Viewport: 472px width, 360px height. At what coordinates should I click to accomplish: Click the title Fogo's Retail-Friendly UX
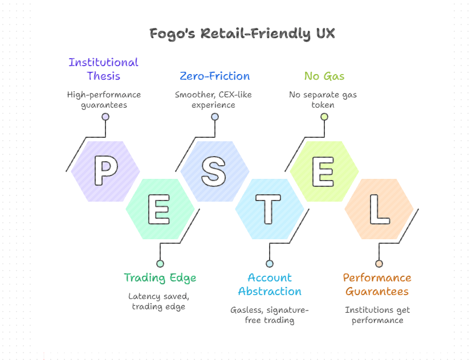point(242,34)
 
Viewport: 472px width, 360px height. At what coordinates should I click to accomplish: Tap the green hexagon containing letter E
point(160,209)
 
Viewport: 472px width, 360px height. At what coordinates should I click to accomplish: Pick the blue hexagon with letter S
point(215,171)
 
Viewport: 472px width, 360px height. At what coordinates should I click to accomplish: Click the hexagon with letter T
point(270,209)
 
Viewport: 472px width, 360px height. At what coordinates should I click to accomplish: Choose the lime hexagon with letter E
point(324,171)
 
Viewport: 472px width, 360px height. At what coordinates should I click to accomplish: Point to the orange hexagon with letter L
point(379,209)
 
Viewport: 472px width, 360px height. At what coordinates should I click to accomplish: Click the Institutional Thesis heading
point(104,69)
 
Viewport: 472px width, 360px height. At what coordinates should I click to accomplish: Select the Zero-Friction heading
point(214,76)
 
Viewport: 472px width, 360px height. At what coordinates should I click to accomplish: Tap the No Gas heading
point(324,76)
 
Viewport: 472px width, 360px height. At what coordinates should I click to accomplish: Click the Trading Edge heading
point(160,278)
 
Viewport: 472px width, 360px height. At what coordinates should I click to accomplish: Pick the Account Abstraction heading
point(270,284)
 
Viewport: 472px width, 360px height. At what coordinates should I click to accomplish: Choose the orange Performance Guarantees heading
point(377,284)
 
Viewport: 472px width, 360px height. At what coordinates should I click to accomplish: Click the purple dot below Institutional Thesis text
point(105,117)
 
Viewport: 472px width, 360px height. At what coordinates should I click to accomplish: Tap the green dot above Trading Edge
point(160,264)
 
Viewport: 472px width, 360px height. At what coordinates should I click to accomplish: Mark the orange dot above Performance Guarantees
point(379,264)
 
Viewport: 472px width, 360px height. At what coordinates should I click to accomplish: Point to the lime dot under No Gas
point(324,117)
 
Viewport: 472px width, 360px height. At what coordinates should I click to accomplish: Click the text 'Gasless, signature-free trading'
point(270,315)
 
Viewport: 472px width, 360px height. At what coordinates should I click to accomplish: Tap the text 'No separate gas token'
point(323,100)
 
